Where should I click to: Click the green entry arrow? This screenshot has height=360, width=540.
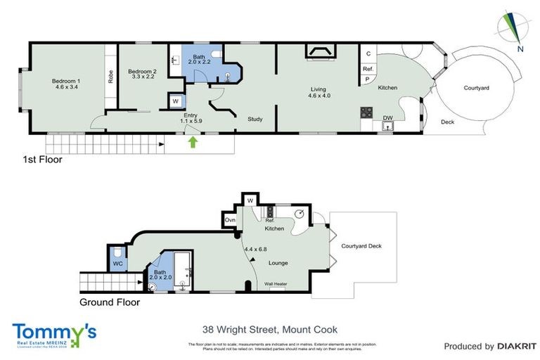coord(193,143)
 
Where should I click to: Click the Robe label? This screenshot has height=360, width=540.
coord(110,76)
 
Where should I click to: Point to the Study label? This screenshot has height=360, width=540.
coord(255,119)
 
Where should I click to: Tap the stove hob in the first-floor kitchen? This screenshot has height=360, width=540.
coord(366,112)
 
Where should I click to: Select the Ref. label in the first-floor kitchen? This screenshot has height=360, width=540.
coord(368,69)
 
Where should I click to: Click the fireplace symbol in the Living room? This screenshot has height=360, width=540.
coord(321,51)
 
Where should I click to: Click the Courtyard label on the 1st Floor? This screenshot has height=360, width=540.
coord(477,88)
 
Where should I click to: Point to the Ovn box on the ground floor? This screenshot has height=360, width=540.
coord(230,220)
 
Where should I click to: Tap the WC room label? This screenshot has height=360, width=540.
coord(117,264)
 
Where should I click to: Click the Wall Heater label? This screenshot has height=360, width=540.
coord(275,284)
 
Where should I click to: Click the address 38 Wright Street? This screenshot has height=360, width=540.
coord(269,329)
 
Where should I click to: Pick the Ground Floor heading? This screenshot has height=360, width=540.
coord(109,302)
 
